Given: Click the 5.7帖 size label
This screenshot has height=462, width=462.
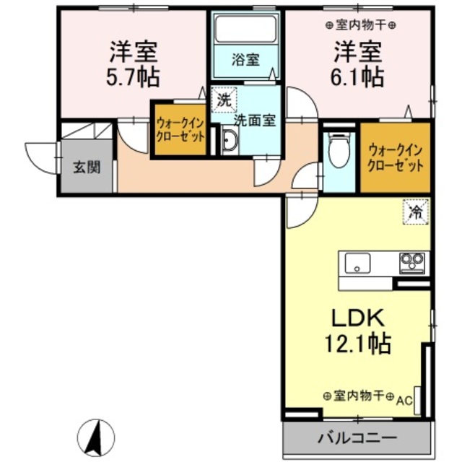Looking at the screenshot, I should pos(135,75).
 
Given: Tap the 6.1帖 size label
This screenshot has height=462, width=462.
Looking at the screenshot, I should pos(358,75).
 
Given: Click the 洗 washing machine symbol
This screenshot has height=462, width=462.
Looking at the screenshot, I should pos(222,100).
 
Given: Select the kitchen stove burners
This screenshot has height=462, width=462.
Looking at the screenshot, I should pos(414,261).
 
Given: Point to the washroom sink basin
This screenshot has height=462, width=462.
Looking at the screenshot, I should pos(229,142).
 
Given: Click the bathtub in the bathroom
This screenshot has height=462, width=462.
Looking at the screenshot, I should pos(245,30).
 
